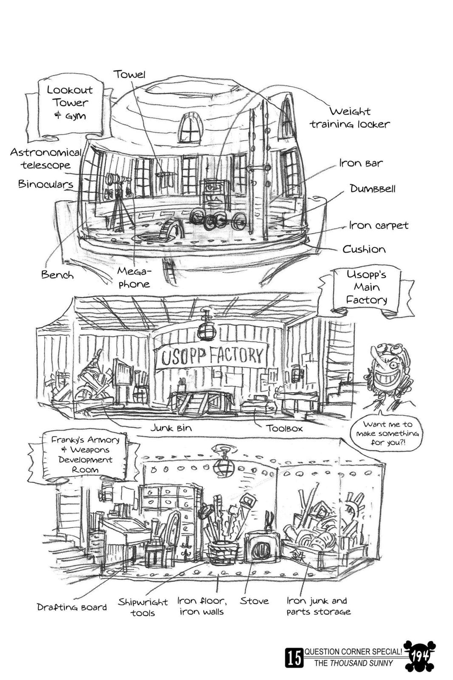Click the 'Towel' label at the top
coord(130,74)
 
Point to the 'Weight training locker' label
coord(350,118)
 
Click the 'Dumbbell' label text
coord(372,188)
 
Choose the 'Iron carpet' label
coord(378,225)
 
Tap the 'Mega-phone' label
coord(134,278)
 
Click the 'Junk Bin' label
coord(171,428)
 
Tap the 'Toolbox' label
coord(284,428)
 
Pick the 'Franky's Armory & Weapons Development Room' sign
coord(85,454)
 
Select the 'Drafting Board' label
coord(72,607)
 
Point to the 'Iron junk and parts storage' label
coord(318,606)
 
